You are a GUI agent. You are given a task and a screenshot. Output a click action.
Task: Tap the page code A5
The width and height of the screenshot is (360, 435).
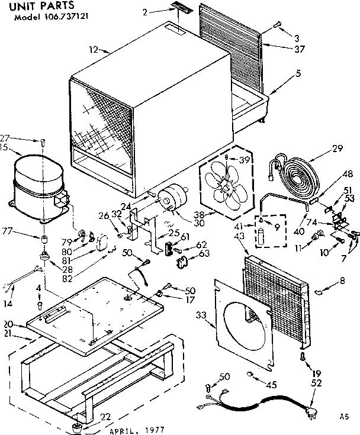pyautogui.click(x=346, y=417)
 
